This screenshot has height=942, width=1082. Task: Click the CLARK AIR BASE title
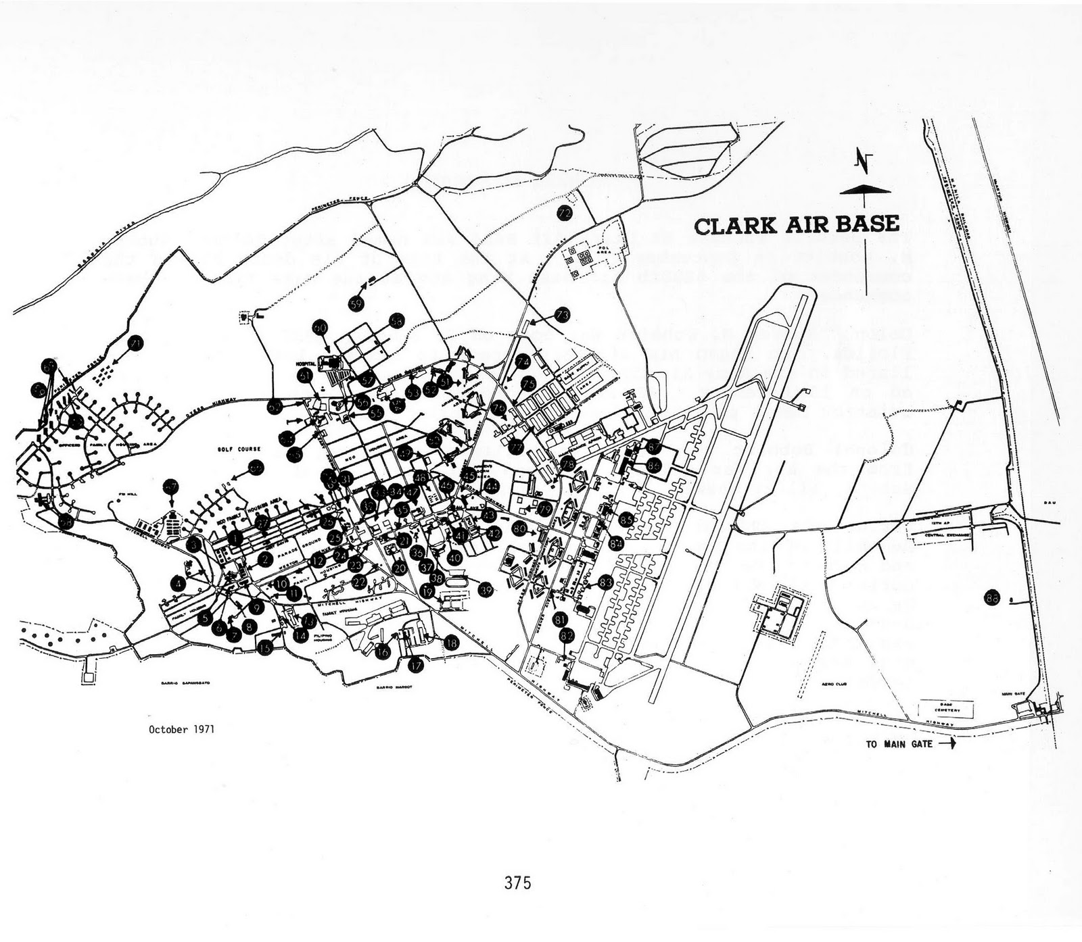(x=797, y=225)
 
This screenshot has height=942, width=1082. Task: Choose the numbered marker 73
(x=563, y=314)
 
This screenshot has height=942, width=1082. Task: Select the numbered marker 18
(x=451, y=643)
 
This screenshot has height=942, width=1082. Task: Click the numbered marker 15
(x=265, y=647)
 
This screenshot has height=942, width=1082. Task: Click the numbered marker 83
(x=605, y=582)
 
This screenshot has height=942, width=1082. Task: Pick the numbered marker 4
(x=179, y=583)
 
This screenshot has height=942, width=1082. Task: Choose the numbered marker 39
(x=485, y=590)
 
